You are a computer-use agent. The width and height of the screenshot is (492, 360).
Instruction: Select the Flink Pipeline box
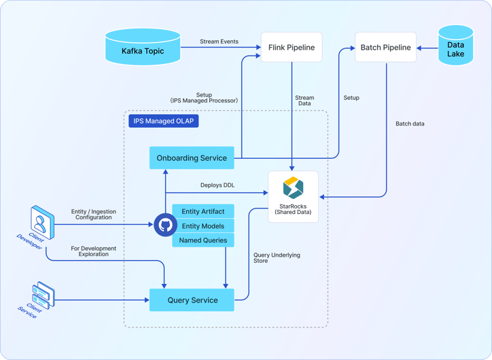click(x=291, y=48)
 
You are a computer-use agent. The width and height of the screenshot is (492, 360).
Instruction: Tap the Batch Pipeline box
click(x=385, y=48)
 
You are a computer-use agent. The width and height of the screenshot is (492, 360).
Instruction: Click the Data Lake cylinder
click(x=455, y=46)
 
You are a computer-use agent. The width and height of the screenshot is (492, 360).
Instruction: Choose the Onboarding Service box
click(x=192, y=158)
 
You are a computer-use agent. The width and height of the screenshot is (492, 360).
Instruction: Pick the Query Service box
click(x=192, y=300)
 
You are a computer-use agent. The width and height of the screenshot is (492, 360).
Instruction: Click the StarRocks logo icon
click(x=293, y=187)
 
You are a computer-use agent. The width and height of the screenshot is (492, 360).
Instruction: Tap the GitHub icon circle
click(x=165, y=226)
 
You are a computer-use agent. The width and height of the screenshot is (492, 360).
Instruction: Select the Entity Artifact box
click(x=203, y=212)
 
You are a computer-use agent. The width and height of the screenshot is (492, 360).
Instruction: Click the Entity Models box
click(x=203, y=226)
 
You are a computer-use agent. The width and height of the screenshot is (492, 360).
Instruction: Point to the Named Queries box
click(x=203, y=240)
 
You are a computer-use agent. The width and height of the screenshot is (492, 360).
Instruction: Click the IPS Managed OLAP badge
click(x=164, y=122)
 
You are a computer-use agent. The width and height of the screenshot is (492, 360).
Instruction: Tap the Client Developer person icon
click(x=41, y=220)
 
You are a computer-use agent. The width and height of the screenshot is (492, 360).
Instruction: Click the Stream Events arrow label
click(x=219, y=41)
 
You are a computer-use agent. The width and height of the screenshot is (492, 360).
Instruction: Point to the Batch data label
click(x=410, y=124)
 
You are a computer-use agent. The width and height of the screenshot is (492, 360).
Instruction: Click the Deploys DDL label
click(x=217, y=185)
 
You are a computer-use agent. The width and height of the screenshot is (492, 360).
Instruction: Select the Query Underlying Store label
click(x=272, y=258)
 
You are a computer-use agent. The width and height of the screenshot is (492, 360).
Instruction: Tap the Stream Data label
click(x=304, y=101)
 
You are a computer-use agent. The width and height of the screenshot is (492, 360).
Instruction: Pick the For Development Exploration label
click(x=93, y=252)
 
